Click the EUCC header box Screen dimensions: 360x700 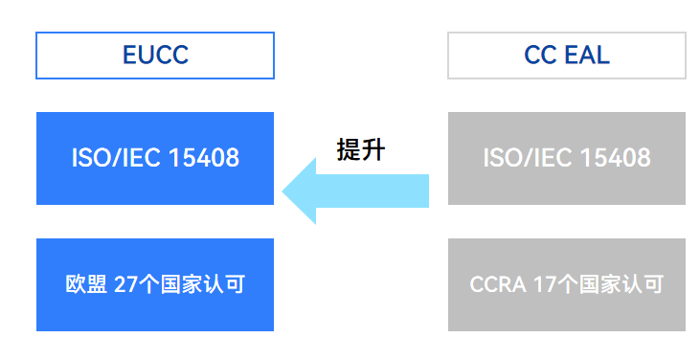pos(155,56)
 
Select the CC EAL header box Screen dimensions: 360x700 pos(566,56)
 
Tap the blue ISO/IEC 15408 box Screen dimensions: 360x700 pos(155,158)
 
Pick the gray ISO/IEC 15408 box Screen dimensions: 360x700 pos(566,158)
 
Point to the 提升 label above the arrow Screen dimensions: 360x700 pos(361,149)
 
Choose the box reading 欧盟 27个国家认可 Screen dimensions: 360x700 pos(155,284)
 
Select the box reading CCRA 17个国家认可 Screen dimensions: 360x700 pos(566,284)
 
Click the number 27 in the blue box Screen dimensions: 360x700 pos(125,284)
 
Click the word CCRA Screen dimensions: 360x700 pos(495,284)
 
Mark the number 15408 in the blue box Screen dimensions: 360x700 pos(203,158)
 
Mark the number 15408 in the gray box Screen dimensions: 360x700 pos(615,158)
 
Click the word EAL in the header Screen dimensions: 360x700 pos(587,56)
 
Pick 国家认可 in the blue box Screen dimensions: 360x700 pos(207,284)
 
